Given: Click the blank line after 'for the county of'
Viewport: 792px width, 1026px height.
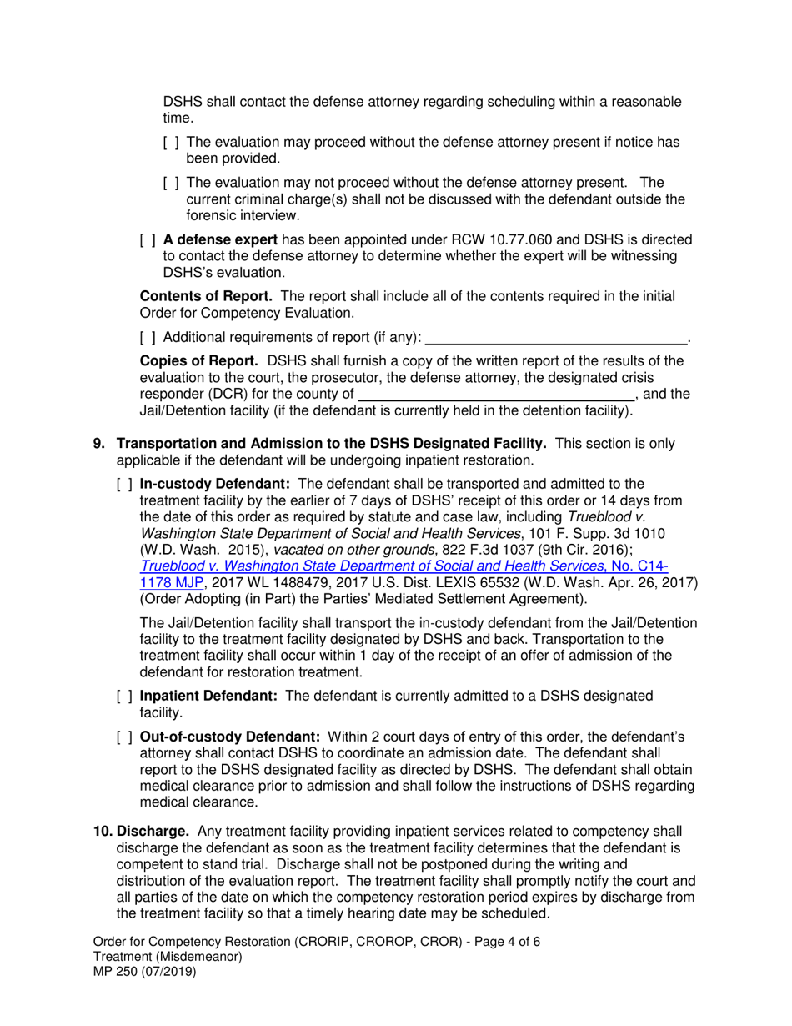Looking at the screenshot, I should click(x=496, y=395).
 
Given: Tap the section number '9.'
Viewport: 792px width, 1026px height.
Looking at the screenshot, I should click(x=99, y=444).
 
